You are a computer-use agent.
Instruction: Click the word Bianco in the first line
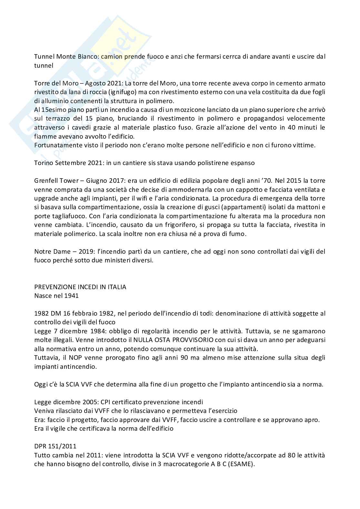coord(87,57)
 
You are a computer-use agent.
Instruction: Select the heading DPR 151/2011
coord(55,446)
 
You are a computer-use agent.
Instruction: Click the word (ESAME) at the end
coord(242,464)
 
